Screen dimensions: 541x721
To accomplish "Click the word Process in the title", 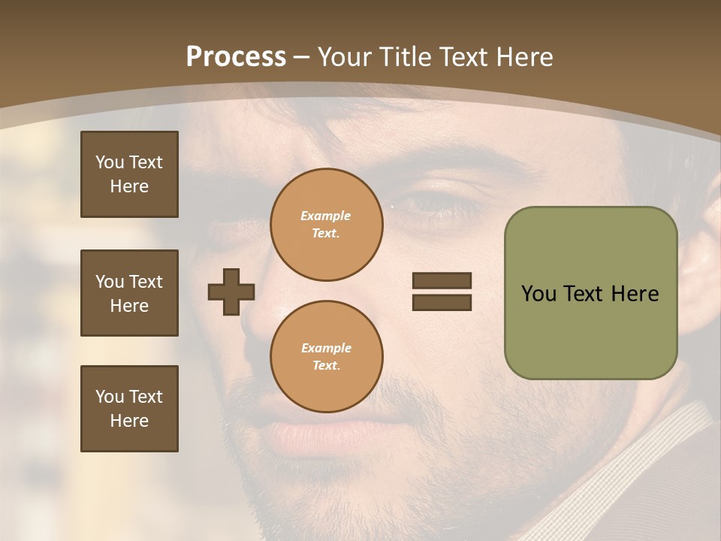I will coord(236,57).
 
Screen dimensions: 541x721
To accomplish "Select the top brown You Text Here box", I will coord(129,174).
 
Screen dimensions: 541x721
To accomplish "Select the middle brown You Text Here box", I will coord(129,293).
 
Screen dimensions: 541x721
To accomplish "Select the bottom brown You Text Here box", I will coord(129,409).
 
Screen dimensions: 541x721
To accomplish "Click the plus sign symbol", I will coord(231,292).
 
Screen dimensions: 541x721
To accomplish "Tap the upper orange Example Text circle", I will coord(326,225).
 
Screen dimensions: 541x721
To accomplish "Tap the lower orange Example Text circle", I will coord(326,357).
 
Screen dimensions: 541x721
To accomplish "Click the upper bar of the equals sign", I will coord(442,281).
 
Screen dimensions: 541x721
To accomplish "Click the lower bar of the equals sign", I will coord(442,302).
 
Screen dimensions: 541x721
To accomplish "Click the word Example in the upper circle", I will coord(326,216).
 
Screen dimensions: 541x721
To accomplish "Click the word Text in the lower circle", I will coord(326,366).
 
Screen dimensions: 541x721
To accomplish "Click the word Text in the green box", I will coord(584,294).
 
